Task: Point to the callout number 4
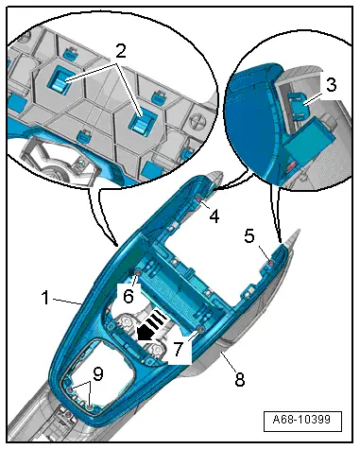click(214, 216)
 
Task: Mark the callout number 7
click(178, 349)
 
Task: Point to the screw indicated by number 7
click(199, 330)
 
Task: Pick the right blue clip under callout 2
click(144, 121)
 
